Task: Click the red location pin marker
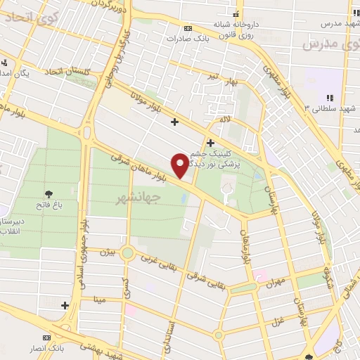pos(181,165)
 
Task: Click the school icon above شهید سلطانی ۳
pos(328,98)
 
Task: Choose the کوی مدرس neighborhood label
pos(328,45)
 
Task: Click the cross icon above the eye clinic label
pos(220,143)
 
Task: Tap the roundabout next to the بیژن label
pos(127,252)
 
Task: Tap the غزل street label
pos(276,320)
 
